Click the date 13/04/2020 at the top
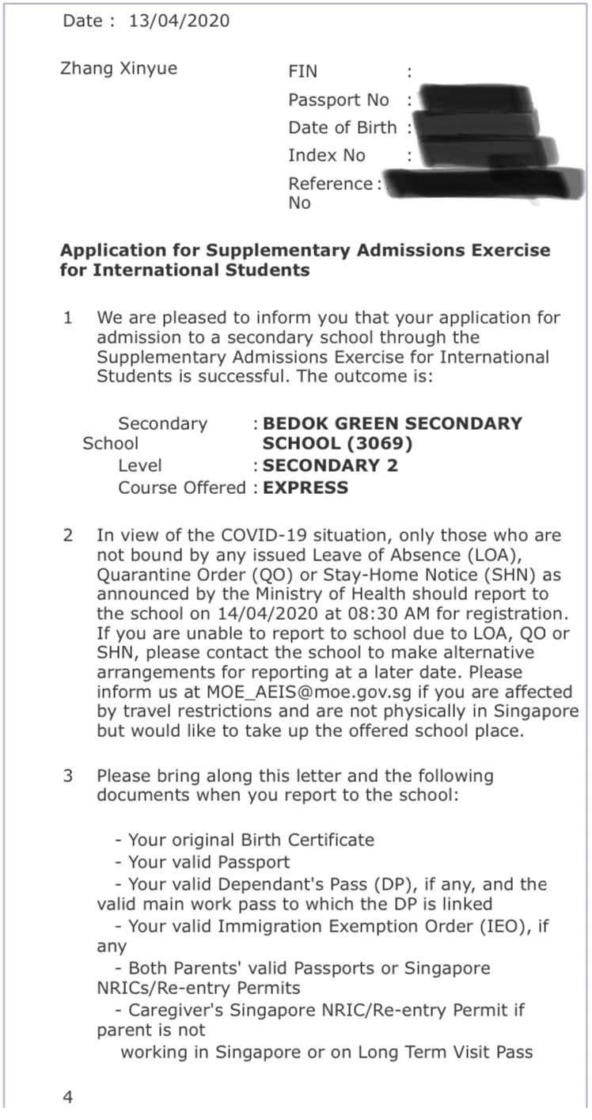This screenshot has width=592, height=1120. tap(179, 21)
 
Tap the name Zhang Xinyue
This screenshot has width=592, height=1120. tap(119, 69)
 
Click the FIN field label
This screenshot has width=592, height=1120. tap(303, 72)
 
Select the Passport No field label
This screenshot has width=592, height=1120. tap(339, 101)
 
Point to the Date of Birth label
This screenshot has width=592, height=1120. tap(343, 128)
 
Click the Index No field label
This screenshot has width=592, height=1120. tap(327, 156)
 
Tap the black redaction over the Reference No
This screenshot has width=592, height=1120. tap(475, 185)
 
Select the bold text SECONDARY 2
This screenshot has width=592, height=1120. tap(330, 465)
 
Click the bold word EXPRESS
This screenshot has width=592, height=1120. tap(305, 488)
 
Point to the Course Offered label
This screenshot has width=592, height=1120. tap(182, 488)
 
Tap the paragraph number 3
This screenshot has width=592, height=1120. tap(69, 776)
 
